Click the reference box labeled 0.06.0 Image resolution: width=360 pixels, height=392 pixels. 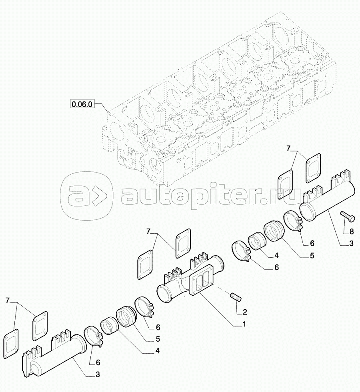(x=83, y=104)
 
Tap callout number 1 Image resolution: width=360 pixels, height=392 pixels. (x=244, y=324)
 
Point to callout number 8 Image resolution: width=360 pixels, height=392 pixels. (x=352, y=232)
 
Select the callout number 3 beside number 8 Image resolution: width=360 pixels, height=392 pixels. (x=351, y=243)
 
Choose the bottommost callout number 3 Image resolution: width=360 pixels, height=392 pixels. (x=98, y=374)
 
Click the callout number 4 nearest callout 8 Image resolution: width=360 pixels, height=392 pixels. (x=276, y=255)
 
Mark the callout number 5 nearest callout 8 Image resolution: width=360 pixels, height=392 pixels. (x=312, y=255)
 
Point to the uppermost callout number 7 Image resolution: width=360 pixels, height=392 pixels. (x=288, y=149)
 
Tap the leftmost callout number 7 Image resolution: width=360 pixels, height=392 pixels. (x=8, y=300)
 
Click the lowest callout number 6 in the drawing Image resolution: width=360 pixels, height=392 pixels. (x=98, y=362)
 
